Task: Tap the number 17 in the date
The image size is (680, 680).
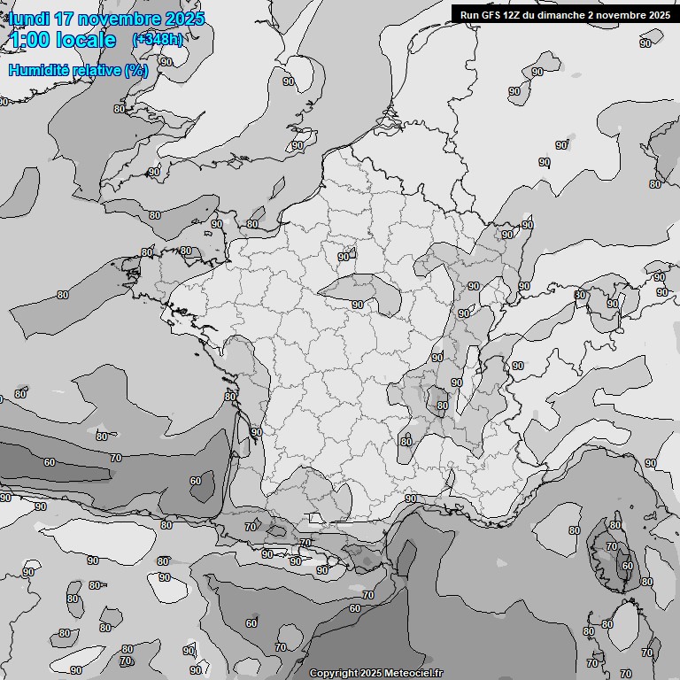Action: (63, 19)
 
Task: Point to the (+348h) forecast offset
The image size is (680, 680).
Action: (158, 40)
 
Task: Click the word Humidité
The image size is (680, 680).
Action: (41, 70)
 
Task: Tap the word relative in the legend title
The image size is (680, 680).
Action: (97, 70)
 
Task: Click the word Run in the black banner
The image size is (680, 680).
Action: (468, 15)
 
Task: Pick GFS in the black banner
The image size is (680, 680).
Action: (491, 15)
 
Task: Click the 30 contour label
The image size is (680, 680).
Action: (581, 295)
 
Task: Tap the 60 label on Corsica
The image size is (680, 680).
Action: (628, 566)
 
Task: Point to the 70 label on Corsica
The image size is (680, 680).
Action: (611, 547)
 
